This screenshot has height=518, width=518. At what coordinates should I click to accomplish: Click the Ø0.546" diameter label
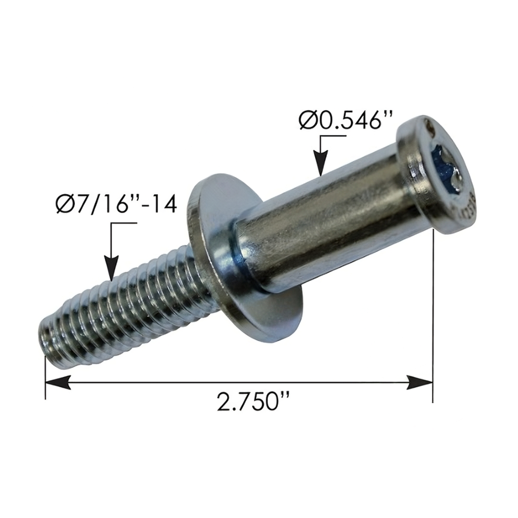[x=346, y=121]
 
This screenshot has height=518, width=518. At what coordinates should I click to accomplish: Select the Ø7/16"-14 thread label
[x=116, y=207]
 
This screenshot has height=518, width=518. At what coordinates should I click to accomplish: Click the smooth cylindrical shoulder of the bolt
[x=329, y=223]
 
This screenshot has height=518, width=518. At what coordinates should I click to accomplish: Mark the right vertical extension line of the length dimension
[x=433, y=314]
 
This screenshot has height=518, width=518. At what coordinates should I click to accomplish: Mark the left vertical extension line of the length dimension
[x=46, y=377]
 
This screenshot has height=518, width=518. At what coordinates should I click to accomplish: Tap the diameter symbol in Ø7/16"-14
[x=65, y=207]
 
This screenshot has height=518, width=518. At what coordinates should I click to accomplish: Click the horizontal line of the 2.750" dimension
[x=238, y=382]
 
